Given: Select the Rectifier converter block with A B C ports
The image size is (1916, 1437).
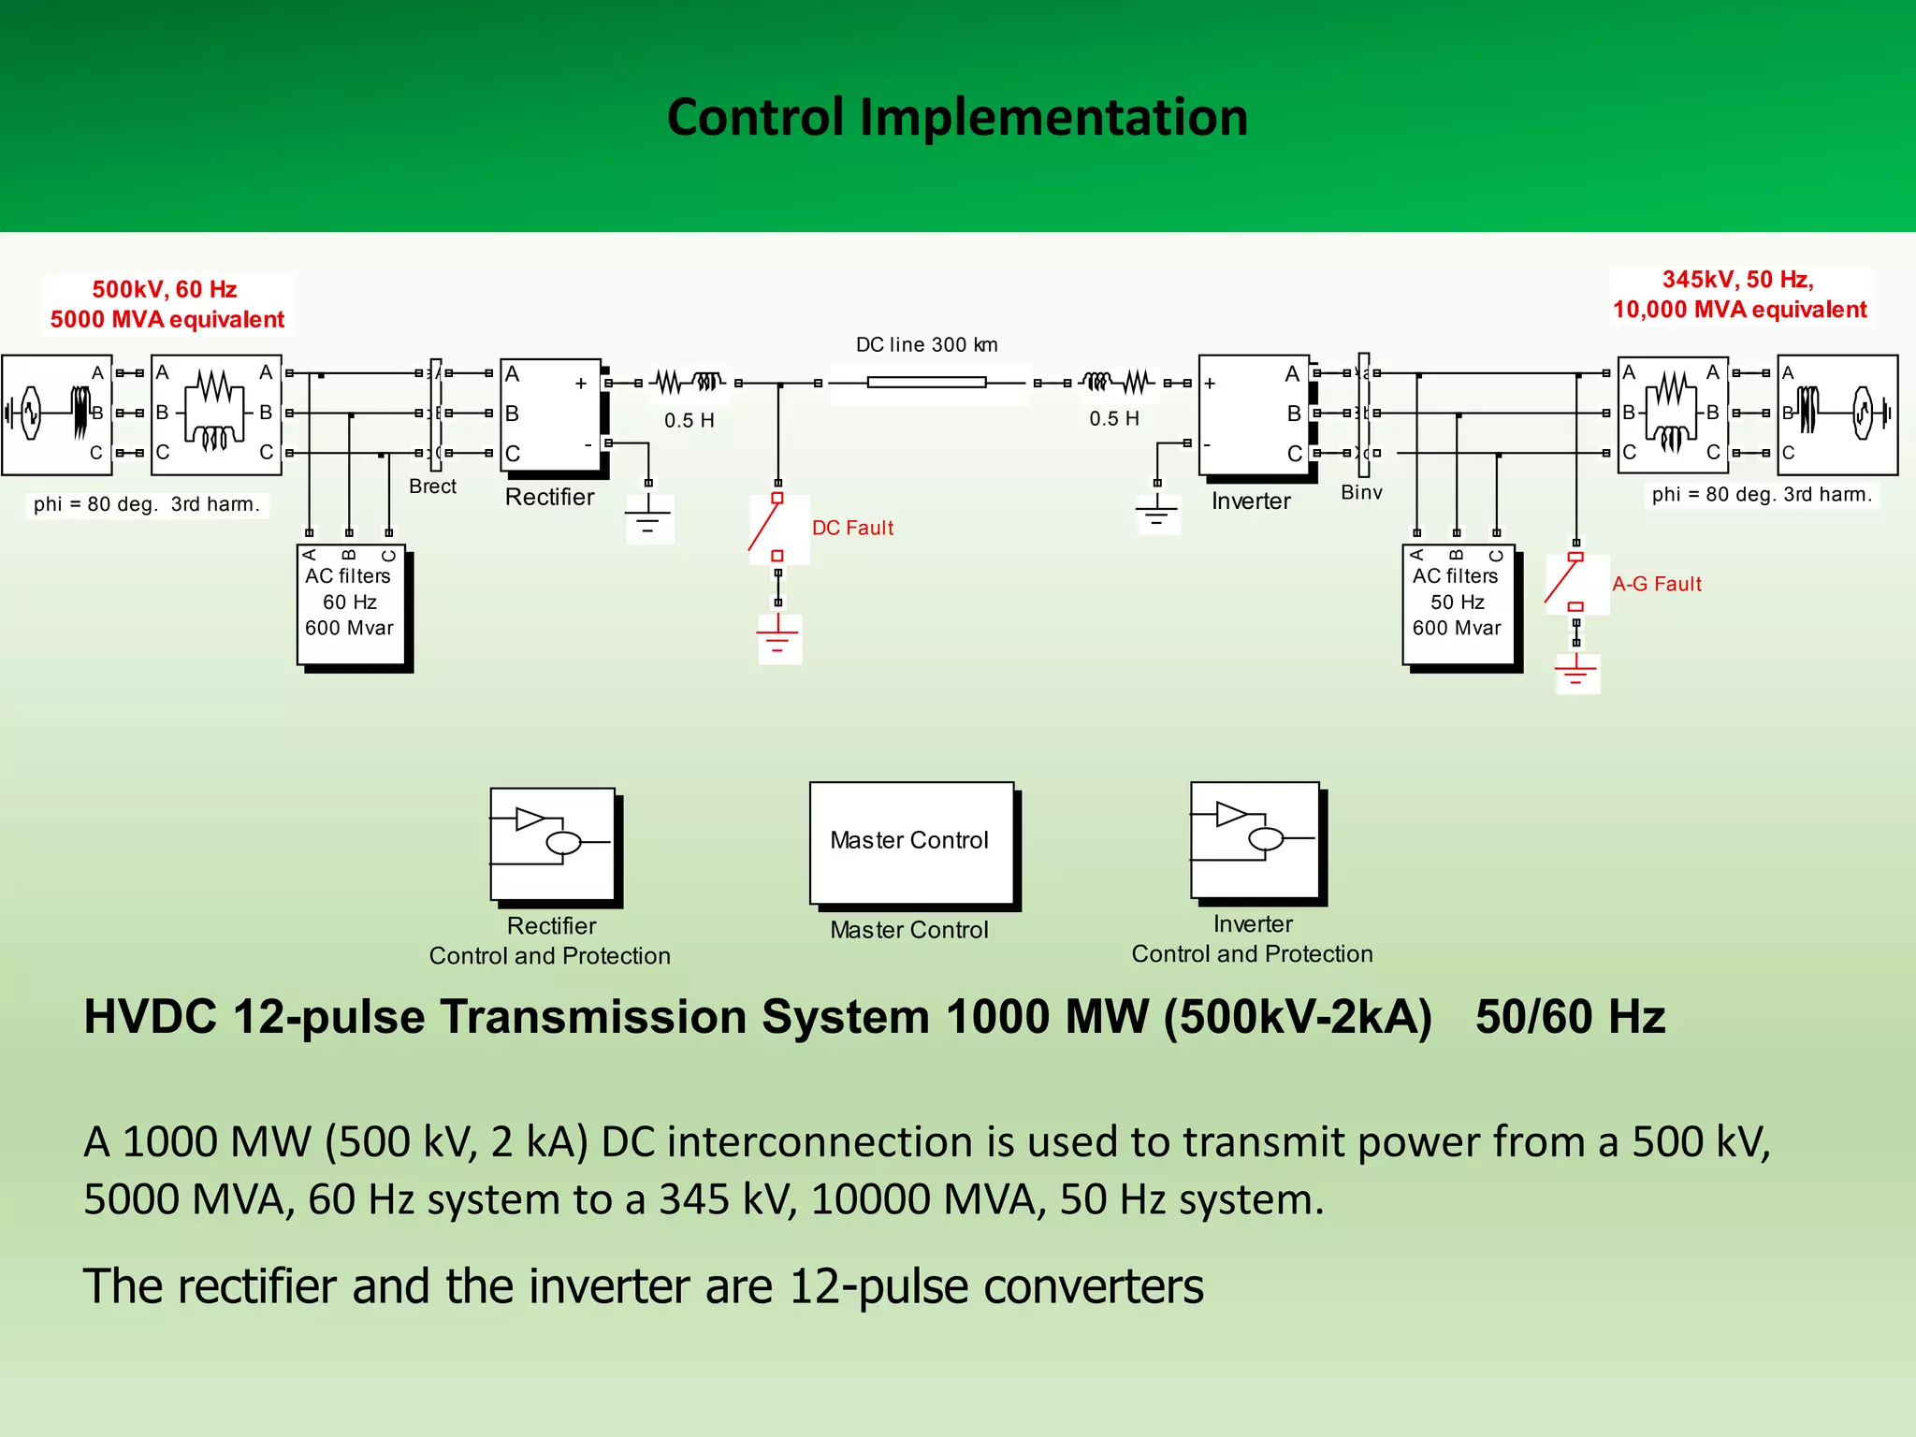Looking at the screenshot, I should tap(550, 414).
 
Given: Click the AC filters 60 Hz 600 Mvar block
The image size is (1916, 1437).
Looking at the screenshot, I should tap(350, 603).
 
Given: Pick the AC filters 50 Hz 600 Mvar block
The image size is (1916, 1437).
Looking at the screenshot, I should tap(1457, 603).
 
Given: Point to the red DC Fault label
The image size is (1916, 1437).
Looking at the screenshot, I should tap(852, 528).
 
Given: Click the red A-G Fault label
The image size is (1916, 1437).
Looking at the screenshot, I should tap(1656, 584).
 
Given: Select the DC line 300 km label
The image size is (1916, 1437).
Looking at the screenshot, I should tap(926, 344).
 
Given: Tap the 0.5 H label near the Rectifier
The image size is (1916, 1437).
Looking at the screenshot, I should tap(689, 420).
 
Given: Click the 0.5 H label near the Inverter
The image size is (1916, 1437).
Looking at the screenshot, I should tap(1113, 418).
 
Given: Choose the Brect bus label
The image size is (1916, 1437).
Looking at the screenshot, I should tap(432, 486).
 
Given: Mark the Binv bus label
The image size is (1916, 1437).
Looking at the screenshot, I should tap(1361, 492).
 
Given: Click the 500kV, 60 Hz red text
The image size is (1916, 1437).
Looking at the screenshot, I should tap(165, 289).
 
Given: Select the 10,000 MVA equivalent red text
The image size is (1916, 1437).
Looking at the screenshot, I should tap(1739, 310).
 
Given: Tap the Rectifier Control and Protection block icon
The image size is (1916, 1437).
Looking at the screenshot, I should tap(552, 844).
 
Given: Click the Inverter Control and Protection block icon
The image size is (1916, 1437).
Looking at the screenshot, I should tap(1254, 839).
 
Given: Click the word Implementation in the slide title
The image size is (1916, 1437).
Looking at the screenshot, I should tap(1053, 118).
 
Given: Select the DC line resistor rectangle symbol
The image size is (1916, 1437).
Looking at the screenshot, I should tap(926, 382).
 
